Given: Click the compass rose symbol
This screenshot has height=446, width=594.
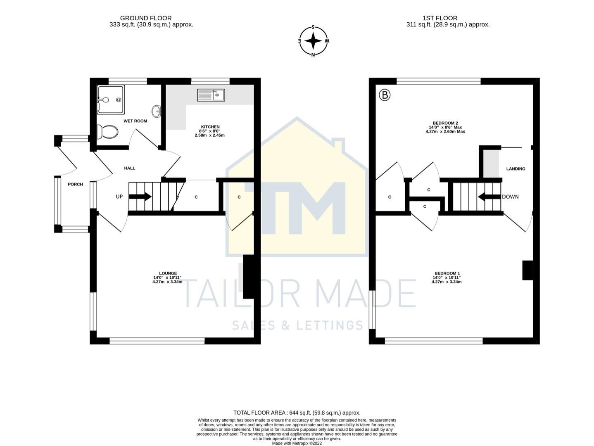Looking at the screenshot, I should [x=314, y=41].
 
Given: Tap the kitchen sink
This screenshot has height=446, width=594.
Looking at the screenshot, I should [x=211, y=95].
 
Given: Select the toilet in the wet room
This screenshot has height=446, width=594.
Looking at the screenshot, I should [x=107, y=132].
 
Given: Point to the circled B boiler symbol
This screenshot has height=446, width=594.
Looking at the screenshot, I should [x=385, y=95].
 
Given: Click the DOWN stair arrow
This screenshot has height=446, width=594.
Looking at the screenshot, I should [x=489, y=197].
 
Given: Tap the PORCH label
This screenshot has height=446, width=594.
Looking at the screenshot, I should [x=75, y=184].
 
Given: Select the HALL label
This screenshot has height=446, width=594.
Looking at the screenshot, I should [x=130, y=168].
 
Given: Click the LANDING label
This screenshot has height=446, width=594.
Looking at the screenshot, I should [x=516, y=168].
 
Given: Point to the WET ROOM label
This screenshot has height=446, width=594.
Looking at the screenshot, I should [x=135, y=121].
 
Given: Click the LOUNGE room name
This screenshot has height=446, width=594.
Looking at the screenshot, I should [x=168, y=273].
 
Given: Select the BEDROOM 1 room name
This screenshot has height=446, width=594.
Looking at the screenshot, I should [x=446, y=273].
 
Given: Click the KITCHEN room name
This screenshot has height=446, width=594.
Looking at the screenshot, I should [x=210, y=127].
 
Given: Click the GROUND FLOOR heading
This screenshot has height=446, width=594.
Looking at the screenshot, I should [x=145, y=18].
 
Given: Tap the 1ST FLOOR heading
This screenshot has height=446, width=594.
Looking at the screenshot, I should [x=440, y=18].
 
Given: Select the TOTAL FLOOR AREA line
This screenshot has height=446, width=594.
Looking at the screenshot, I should [x=297, y=413].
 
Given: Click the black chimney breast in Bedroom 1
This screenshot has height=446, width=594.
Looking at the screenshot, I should [x=527, y=270].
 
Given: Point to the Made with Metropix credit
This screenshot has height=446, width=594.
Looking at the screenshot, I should [x=297, y=443].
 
